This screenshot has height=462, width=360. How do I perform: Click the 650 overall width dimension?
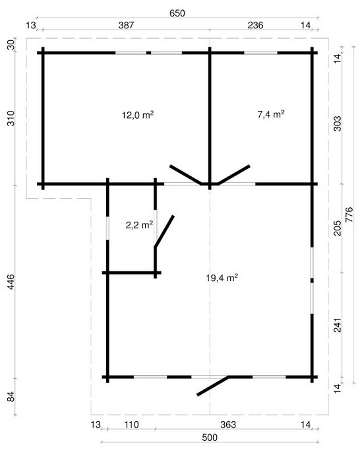pyautogui.click(x=177, y=13)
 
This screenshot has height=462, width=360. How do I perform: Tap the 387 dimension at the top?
pyautogui.click(x=126, y=25)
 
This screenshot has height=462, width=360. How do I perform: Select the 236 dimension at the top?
pyautogui.click(x=255, y=25)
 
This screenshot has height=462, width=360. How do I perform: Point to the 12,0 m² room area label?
pyautogui.click(x=138, y=115)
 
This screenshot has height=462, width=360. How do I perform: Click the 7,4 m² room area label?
pyautogui.click(x=271, y=114)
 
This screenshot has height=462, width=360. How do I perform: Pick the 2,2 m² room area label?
pyautogui.click(x=139, y=226)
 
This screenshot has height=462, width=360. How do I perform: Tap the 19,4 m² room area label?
pyautogui.click(x=222, y=278)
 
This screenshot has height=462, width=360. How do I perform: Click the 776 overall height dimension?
pyautogui.click(x=349, y=214)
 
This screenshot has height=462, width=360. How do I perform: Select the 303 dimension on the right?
pyautogui.click(x=338, y=124)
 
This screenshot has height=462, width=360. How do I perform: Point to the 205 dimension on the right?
pyautogui.click(x=338, y=228)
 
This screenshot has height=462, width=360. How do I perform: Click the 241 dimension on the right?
pyautogui.click(x=338, y=325)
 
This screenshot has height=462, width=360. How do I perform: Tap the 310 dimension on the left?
pyautogui.click(x=11, y=118)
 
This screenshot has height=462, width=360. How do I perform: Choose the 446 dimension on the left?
pyautogui.click(x=11, y=282)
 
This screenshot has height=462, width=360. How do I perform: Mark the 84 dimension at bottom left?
pyautogui.click(x=11, y=396)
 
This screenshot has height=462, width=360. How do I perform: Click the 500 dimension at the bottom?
pyautogui.click(x=210, y=437)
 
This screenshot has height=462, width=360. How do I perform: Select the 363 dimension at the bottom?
pyautogui.click(x=228, y=424)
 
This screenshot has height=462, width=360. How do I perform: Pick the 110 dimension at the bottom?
pyautogui.click(x=131, y=424)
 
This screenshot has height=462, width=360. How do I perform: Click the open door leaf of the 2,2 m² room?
pyautogui.click(x=164, y=231)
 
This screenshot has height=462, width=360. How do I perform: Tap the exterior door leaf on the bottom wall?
pyautogui.click(x=213, y=385)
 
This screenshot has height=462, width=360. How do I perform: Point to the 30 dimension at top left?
pyautogui.click(x=11, y=46)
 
